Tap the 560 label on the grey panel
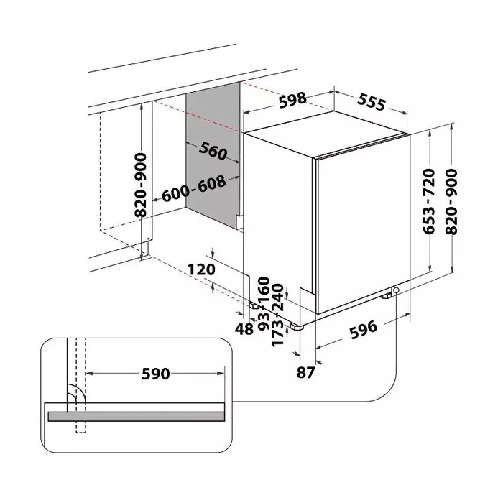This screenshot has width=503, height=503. (213, 152)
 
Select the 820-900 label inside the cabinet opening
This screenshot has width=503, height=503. (141, 185)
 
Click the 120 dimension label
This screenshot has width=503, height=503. (202, 270)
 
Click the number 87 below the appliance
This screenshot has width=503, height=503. (305, 372)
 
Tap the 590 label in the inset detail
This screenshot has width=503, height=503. (154, 374)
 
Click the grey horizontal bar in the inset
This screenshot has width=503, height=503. (135, 416)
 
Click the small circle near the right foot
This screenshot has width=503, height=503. (396, 290)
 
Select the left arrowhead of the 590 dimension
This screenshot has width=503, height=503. (91, 374)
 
